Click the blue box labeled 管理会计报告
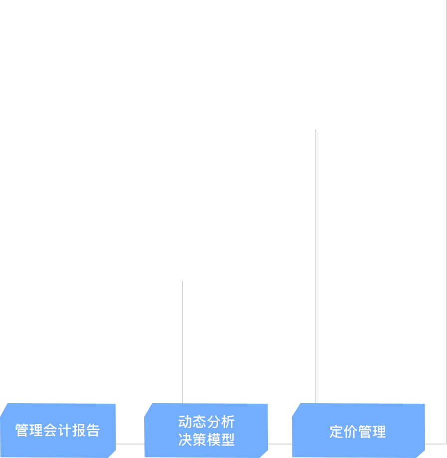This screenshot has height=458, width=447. tap(58, 431)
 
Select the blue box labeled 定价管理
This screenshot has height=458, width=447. tap(358, 431)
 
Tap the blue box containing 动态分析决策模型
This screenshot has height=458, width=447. tap(206, 431)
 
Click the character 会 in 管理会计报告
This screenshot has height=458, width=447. tap(50, 430)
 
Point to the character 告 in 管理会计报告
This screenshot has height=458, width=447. tap(93, 430)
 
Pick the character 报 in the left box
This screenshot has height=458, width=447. tap(79, 430)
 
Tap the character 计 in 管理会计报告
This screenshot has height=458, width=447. tap(65, 430)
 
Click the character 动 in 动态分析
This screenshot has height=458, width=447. tap(185, 422)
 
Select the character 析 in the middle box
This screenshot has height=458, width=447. tap(228, 422)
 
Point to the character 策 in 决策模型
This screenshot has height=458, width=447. tap(200, 439)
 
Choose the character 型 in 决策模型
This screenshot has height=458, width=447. tap(228, 439)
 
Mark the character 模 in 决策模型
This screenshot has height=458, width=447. tap(214, 439)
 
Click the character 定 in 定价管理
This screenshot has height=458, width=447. tap(336, 432)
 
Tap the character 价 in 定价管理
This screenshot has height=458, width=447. tap(351, 432)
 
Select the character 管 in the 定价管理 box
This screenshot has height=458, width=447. tap(365, 432)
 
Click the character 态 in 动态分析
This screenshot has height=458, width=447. tap(200, 422)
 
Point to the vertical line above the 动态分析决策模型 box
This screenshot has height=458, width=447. tap(183, 342)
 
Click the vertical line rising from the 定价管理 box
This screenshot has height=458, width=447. tap(316, 267)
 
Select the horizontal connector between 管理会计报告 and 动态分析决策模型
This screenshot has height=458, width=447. tap(130, 444)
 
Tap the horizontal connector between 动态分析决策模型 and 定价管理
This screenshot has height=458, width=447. tap(280, 444)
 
